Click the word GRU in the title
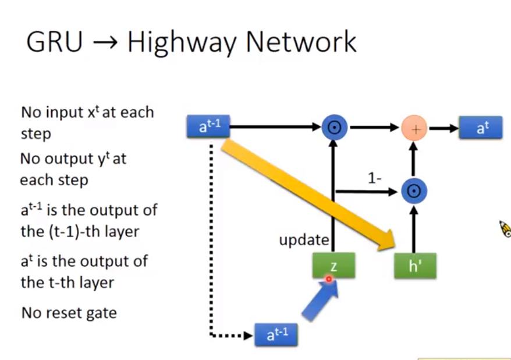pos(54,42)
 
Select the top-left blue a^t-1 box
pos(208,126)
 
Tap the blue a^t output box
pos(480,128)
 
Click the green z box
pos(333,266)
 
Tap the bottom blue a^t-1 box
pos(277,334)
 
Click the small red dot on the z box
pos(328,279)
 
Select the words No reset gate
pos(69,313)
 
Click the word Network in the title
pos(301,43)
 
